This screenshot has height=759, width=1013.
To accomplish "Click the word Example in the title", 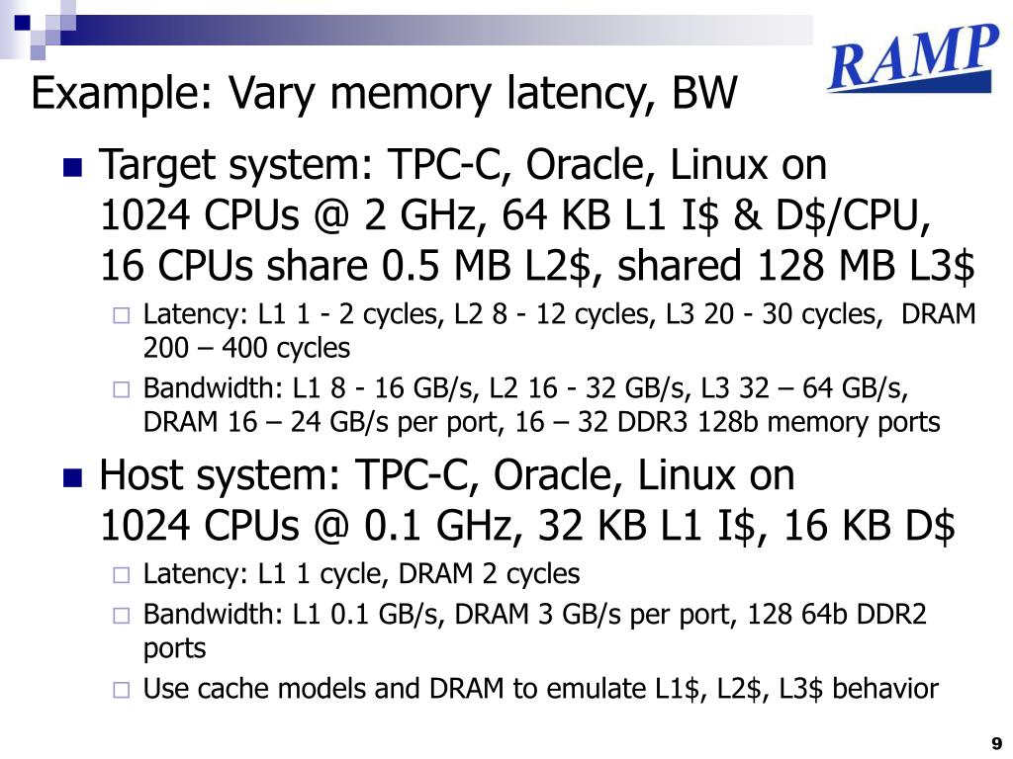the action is (117, 96).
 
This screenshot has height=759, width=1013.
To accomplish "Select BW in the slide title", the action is (705, 95).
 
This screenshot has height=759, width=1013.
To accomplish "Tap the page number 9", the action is (996, 743).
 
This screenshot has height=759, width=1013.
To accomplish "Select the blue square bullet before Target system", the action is (72, 167).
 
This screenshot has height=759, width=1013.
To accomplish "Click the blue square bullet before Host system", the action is (72, 478).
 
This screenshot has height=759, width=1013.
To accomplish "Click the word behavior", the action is (885, 688).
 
